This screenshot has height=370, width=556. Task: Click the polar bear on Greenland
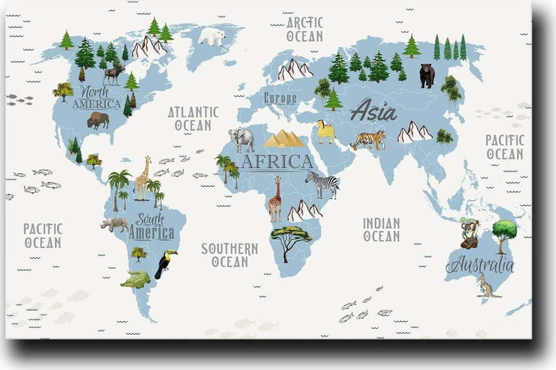(211, 37)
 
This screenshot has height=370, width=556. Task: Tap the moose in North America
(113, 74)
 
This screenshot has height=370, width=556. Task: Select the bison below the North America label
(98, 120)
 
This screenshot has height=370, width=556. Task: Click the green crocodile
(136, 279)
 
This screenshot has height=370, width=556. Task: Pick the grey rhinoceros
(114, 225)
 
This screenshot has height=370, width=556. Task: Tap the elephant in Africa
(241, 139)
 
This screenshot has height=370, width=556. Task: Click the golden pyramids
(284, 139)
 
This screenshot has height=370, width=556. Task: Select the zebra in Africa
(322, 184)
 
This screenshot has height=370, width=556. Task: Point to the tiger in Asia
(368, 140)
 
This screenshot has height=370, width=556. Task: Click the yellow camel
(325, 132)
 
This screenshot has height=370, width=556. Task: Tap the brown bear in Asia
(427, 75)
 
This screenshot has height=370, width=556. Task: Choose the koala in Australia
(469, 233)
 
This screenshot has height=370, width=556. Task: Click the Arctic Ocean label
(304, 29)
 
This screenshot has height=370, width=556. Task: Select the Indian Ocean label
(381, 229)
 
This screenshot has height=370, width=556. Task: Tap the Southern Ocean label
(229, 254)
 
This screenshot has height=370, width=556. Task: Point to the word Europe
(280, 98)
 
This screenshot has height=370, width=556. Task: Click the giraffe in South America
(142, 178)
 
